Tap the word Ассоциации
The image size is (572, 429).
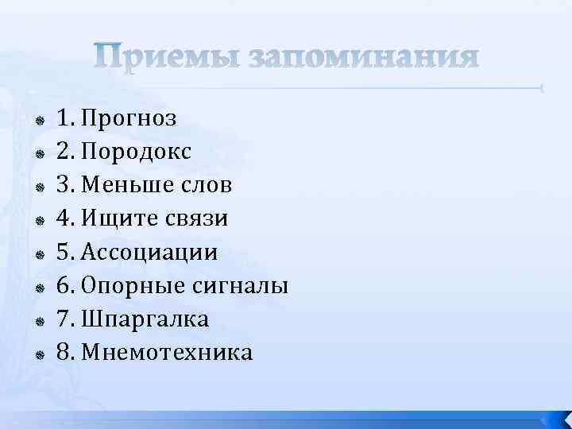[149, 253]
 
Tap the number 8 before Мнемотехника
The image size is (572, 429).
[63, 353]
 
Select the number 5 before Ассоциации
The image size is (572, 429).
[63, 253]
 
